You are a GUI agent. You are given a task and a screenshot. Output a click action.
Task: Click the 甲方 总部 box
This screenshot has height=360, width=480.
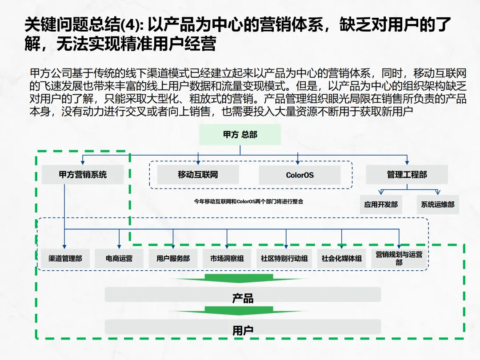[240, 135]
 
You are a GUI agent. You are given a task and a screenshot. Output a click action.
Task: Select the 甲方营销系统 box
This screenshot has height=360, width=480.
[83, 175]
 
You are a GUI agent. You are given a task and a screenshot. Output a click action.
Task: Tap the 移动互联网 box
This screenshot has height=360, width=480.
[198, 175]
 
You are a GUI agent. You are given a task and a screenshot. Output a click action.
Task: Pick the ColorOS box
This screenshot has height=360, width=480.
[300, 175]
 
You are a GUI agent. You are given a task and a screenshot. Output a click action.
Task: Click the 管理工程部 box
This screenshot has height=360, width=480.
[407, 175]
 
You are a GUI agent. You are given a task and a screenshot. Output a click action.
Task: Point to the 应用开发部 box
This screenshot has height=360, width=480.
[381, 205]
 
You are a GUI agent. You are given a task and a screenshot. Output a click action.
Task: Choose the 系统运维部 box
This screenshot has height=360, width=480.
[438, 205]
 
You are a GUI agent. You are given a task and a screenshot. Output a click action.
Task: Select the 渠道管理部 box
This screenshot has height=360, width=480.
[65, 258]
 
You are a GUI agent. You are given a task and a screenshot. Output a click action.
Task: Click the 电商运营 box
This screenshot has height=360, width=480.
[119, 258]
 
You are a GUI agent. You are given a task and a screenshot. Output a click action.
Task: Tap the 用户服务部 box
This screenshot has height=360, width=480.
[173, 258]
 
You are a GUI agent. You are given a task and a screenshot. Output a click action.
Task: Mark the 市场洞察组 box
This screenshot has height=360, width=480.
[227, 258]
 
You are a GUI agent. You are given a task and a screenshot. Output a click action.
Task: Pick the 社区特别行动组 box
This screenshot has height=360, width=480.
[284, 258]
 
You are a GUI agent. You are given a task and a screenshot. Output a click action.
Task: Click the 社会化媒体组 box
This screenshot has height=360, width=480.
[341, 258]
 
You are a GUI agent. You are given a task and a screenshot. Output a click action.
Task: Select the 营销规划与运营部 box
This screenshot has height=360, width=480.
[399, 258]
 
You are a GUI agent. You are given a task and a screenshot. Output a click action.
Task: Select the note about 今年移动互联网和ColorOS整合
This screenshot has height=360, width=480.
[248, 201]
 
